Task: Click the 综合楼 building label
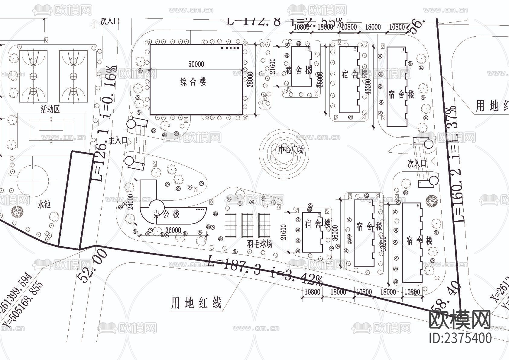tap(193, 82)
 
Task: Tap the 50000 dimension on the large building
tap(196, 64)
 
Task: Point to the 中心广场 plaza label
tap(291, 150)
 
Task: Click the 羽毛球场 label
tap(259, 244)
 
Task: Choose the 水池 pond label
tap(44, 205)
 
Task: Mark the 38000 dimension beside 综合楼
tap(250, 79)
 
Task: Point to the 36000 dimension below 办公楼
tap(173, 230)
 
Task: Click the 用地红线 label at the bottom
tap(196, 303)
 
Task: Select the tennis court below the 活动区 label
tap(51, 130)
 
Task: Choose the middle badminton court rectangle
tap(247, 225)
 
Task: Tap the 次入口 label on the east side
tap(417, 164)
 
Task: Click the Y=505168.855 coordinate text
tap(23, 305)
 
